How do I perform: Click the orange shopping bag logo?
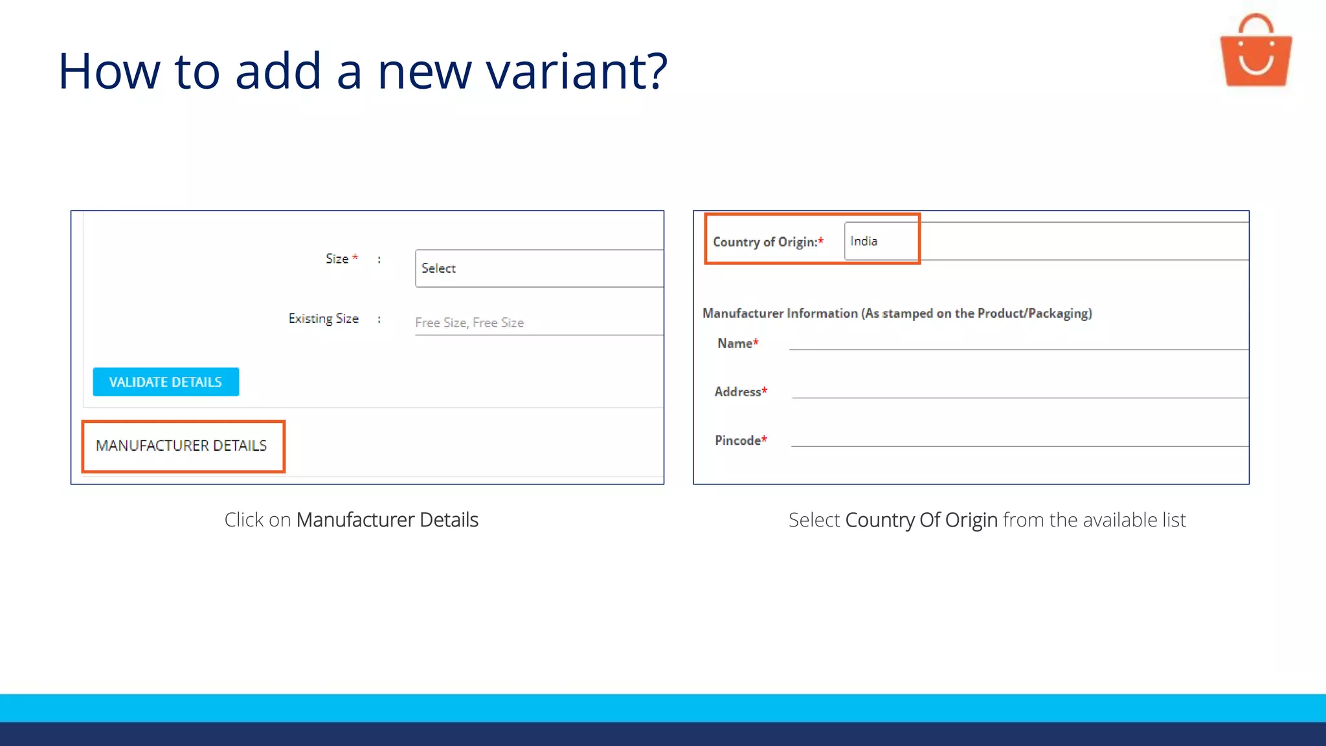tap(1255, 52)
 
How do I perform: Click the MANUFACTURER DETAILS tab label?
tap(181, 446)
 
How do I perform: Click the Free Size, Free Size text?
tap(469, 322)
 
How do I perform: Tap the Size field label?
tap(337, 259)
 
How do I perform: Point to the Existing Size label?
tap(323, 319)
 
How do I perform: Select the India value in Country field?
tap(864, 242)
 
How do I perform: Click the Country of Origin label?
tap(765, 242)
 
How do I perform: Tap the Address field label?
tap(737, 392)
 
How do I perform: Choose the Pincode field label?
tap(737, 440)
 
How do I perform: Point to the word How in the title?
tap(109, 71)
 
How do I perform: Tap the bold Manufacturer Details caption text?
tap(387, 520)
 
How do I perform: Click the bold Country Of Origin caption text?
tap(921, 520)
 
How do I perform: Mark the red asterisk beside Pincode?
tap(765, 439)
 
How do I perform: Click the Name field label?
tap(734, 343)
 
